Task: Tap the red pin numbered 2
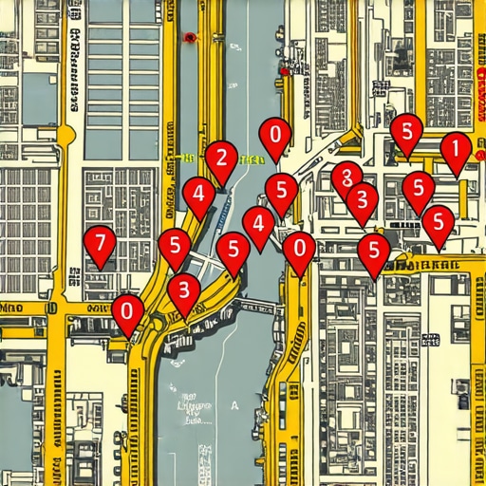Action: pos(221,159)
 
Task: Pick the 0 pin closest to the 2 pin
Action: pos(275,136)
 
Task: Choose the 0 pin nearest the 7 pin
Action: pos(127,311)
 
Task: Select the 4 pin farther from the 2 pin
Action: pos(258,225)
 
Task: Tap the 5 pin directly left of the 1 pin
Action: pos(406,131)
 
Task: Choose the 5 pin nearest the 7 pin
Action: pos(175,247)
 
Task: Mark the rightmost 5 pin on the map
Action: pos(438,223)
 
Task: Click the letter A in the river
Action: pos(234,402)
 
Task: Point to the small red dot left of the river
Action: pos(190,38)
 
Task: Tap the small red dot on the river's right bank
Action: pos(285,71)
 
